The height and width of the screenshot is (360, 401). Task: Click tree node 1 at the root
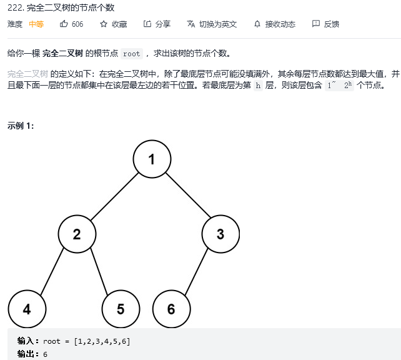click(152, 159)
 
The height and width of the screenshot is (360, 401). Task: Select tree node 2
click(77, 234)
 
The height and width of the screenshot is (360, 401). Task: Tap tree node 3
click(220, 234)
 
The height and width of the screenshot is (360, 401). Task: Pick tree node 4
click(27, 309)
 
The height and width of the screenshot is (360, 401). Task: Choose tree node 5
click(121, 309)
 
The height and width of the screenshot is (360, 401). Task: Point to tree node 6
click(171, 309)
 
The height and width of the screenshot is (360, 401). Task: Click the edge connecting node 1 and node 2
click(114, 197)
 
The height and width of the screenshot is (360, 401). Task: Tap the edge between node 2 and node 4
click(52, 272)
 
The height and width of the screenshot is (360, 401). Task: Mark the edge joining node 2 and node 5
click(99, 272)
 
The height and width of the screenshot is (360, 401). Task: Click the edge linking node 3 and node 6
click(196, 272)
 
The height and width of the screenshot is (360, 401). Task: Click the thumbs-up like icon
click(64, 24)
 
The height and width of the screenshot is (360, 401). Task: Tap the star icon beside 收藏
click(104, 24)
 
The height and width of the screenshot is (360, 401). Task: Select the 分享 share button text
click(162, 24)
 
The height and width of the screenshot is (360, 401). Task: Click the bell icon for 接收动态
click(257, 24)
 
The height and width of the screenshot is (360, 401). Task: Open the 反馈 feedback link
click(331, 24)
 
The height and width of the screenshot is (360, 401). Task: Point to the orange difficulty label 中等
click(36, 24)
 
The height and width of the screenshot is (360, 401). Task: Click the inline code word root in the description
click(131, 54)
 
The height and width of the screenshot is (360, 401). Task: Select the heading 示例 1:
click(21, 125)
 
